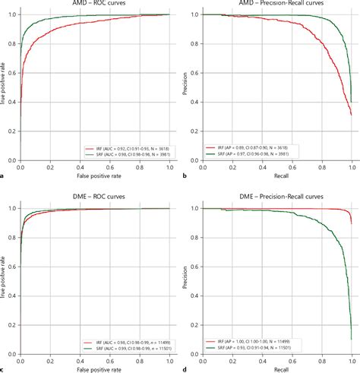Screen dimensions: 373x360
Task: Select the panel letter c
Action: pos(5,368)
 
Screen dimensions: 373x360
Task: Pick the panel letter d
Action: pos(185,368)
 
